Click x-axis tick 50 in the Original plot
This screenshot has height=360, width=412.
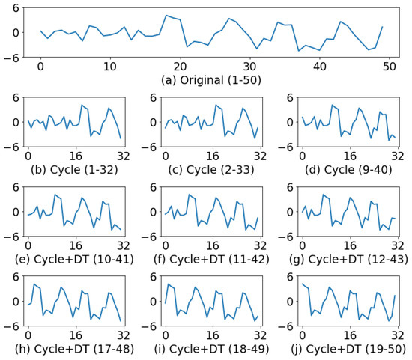click(389, 67)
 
